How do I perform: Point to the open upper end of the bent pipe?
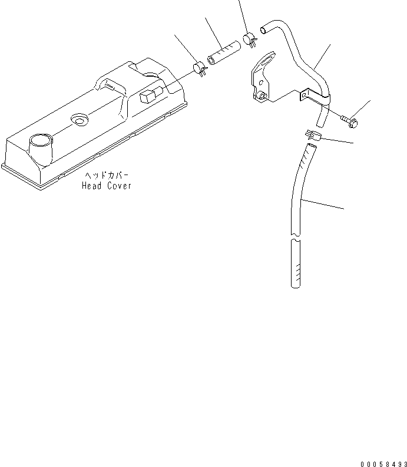coord(265,26)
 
